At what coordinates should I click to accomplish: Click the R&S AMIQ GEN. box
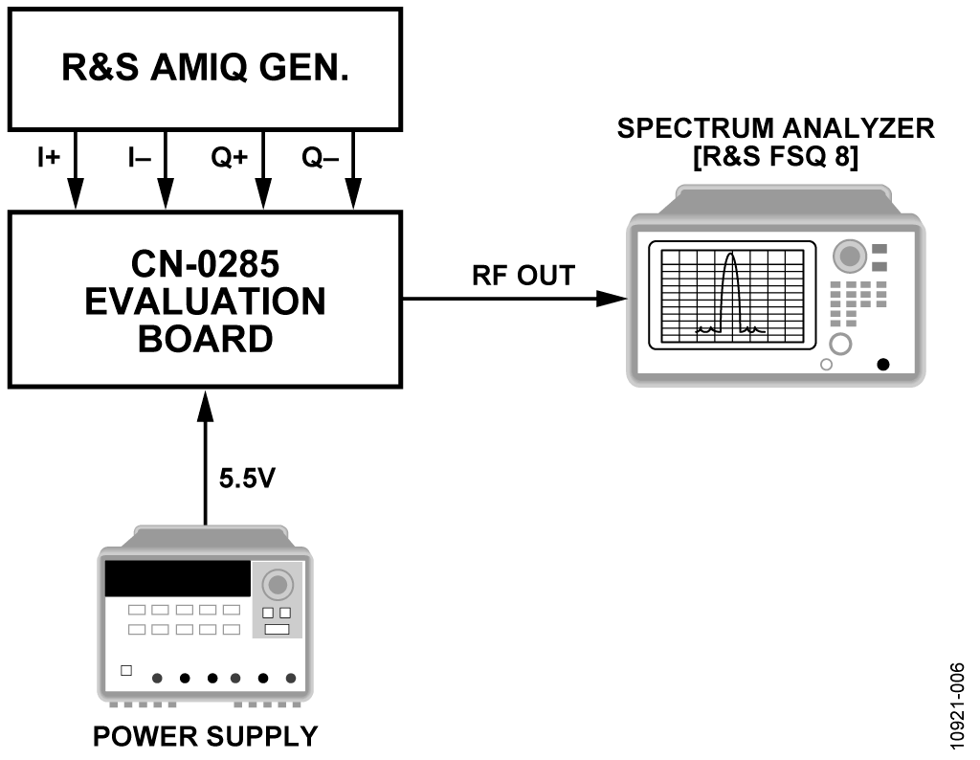point(205,69)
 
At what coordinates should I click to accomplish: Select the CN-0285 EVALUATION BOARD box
point(205,299)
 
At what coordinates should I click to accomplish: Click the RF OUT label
point(523,276)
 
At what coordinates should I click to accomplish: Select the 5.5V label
point(247,477)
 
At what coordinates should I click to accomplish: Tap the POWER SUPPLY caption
point(205,736)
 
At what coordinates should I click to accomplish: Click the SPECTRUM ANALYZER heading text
point(775,129)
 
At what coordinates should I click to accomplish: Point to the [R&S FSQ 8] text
point(775,156)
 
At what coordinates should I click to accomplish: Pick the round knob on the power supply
point(278,584)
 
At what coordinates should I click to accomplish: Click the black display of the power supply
point(177,579)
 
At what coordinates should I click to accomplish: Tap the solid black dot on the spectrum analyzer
point(882,364)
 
